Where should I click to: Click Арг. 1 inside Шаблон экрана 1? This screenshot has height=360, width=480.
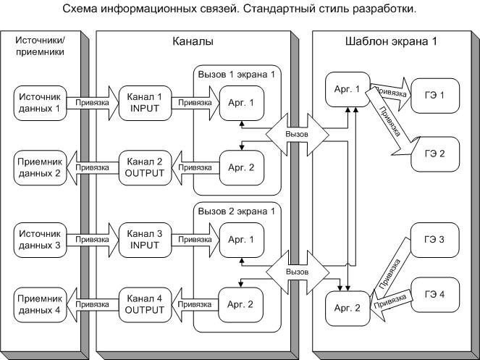[x=348, y=89]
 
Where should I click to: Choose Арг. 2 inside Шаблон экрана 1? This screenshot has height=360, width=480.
[x=348, y=308]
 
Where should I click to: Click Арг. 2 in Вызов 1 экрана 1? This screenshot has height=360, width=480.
[x=240, y=167]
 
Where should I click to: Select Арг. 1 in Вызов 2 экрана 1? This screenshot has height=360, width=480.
[x=240, y=240]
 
